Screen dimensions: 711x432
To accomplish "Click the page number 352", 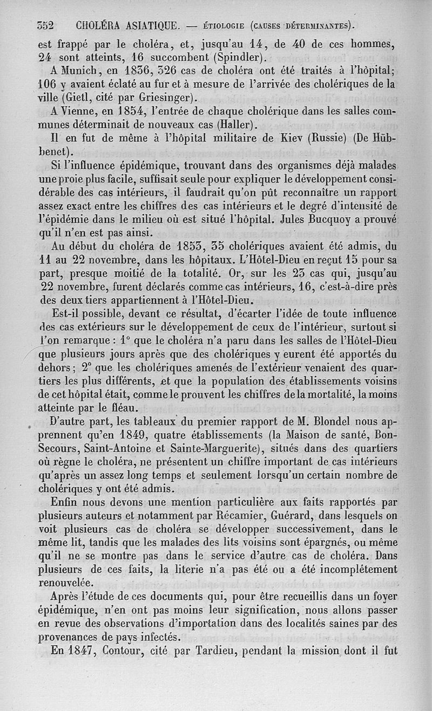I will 47,25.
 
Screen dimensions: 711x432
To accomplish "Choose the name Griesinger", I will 164,98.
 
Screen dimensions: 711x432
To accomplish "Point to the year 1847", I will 81,651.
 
